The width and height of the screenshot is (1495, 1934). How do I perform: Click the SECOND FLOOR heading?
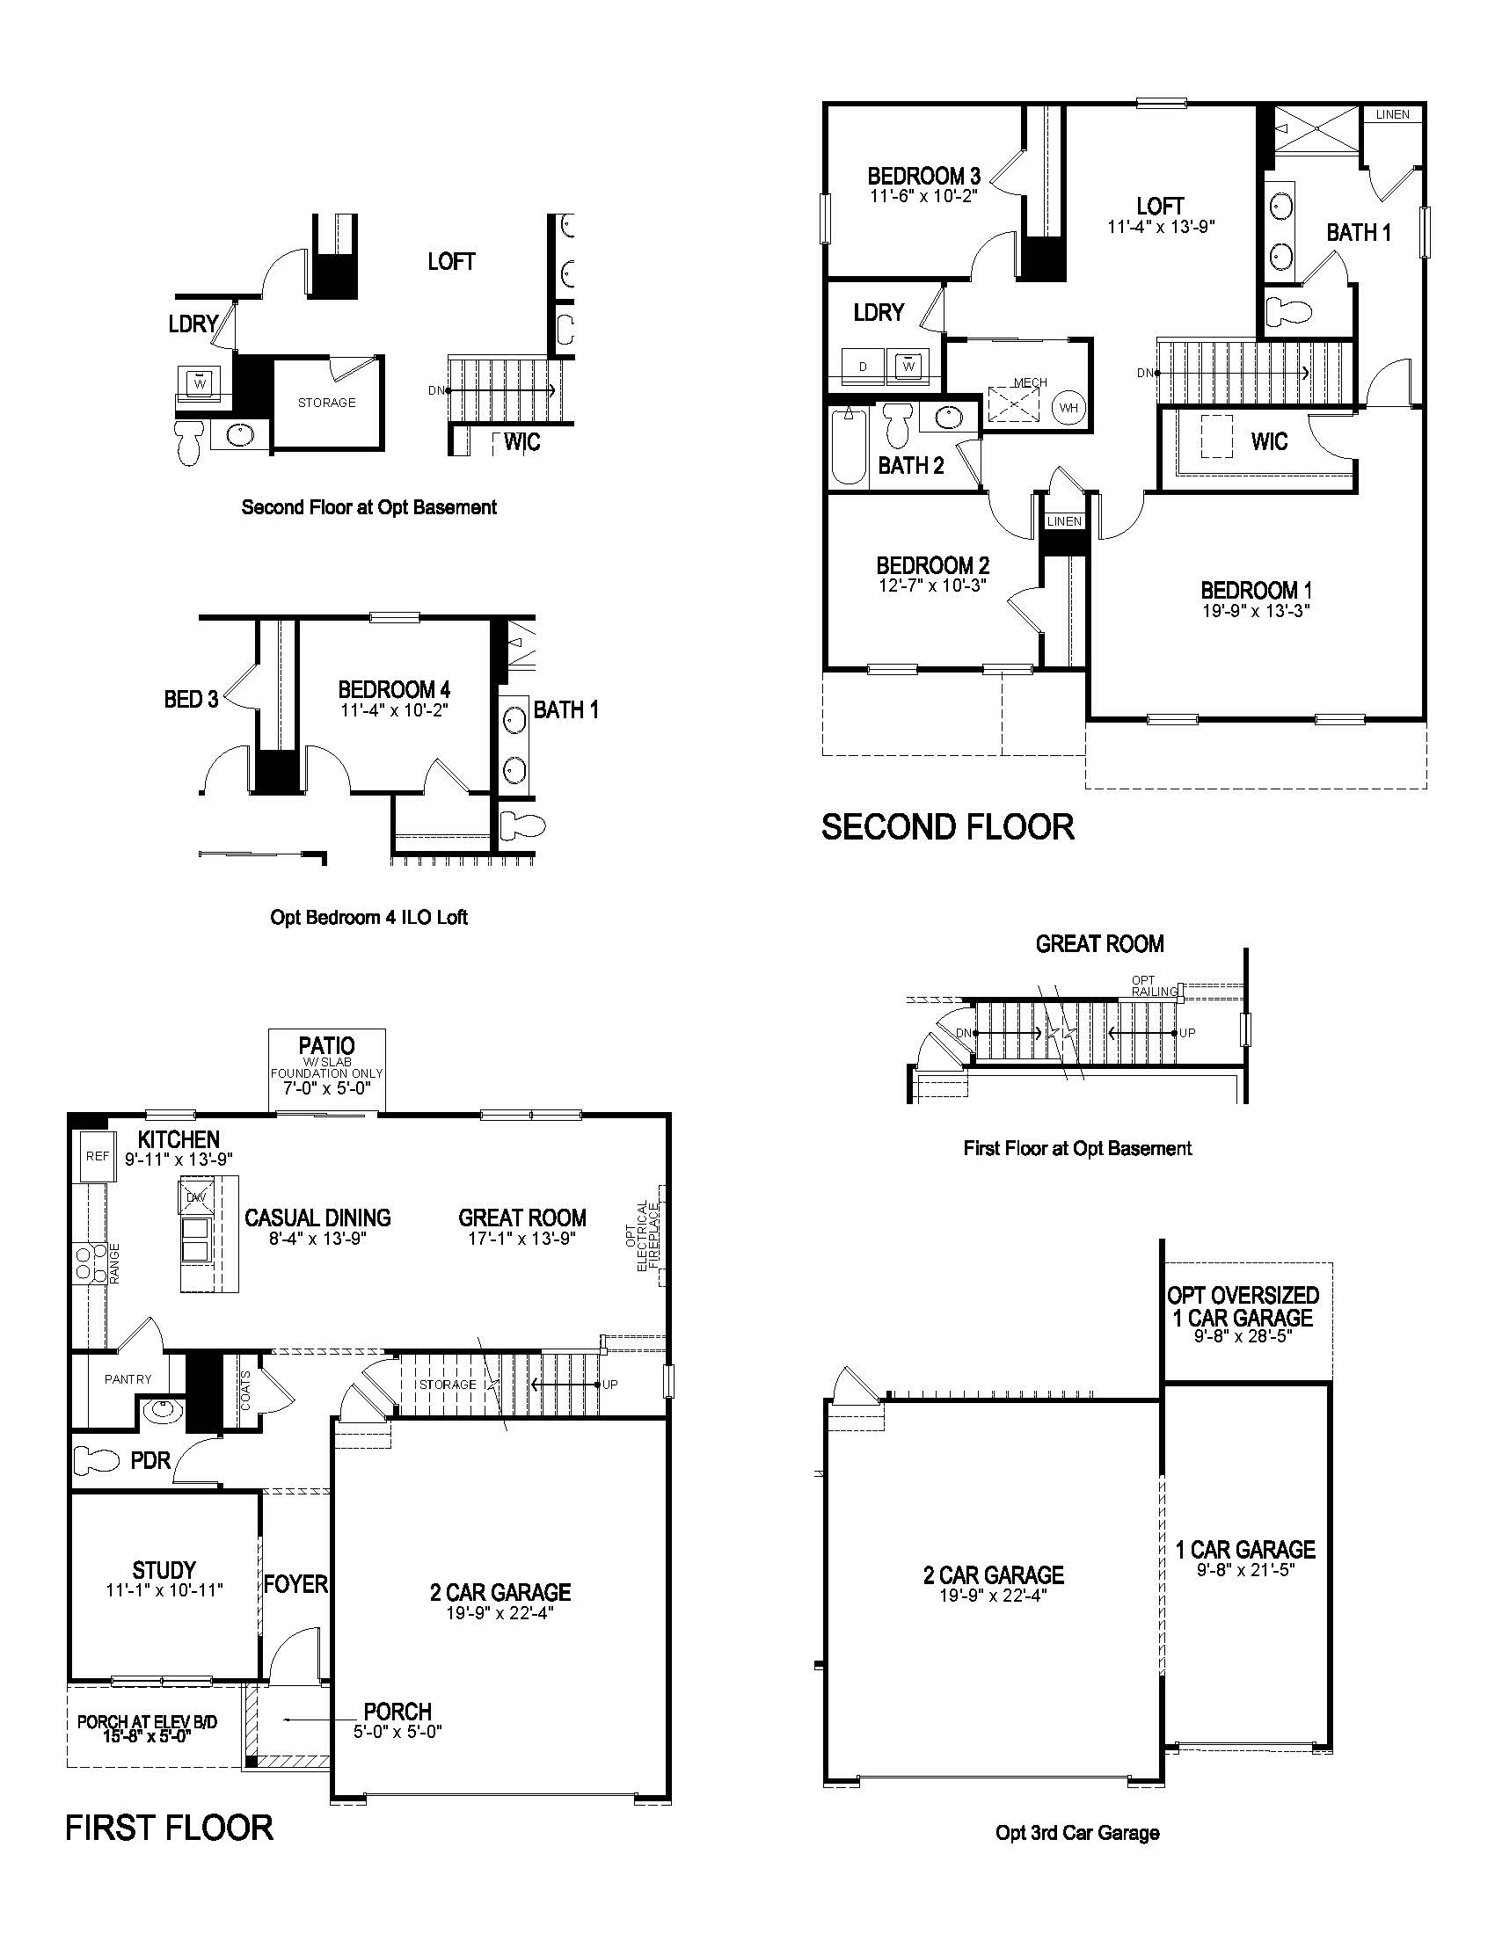[948, 827]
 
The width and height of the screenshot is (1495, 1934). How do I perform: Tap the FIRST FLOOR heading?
[169, 1828]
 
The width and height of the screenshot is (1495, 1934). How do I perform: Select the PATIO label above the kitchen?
[327, 1046]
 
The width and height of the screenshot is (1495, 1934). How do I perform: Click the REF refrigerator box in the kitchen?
[98, 1157]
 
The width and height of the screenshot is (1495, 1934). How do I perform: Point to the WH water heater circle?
[1069, 407]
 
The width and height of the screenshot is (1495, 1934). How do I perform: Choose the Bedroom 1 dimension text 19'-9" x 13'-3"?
[1256, 610]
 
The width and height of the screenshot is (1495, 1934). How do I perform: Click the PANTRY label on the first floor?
[128, 1379]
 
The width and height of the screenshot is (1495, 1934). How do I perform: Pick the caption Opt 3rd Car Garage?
[1077, 1833]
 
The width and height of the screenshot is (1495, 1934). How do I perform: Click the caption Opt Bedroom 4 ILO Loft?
[368, 918]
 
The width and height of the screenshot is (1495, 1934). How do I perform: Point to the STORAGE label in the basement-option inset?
[327, 403]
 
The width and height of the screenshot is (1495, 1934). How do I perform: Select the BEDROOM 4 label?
[394, 689]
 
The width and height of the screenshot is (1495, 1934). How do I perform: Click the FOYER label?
[295, 1583]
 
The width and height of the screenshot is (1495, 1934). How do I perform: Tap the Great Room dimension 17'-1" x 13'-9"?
[521, 1238]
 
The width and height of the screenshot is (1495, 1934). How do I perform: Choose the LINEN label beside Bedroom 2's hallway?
[1065, 521]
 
